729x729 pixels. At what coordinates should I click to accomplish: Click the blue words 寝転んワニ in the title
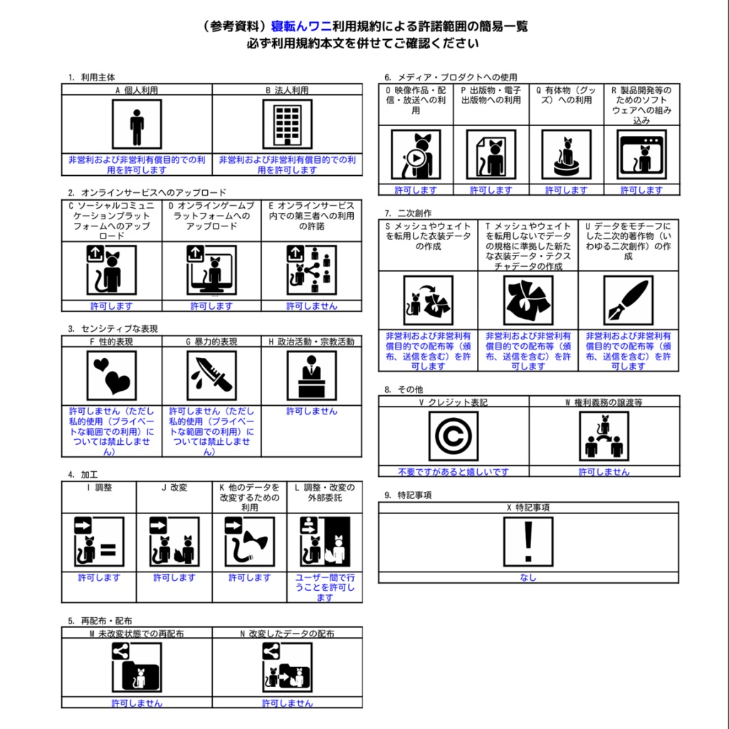tap(301, 26)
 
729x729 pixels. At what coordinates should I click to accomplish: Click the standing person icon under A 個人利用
tap(137, 124)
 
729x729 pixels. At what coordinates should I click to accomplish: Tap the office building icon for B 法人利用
tap(288, 124)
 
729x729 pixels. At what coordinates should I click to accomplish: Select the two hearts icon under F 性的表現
tap(112, 376)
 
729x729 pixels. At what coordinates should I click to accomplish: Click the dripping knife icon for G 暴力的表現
tap(211, 376)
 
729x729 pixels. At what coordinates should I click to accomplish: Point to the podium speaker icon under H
tap(312, 376)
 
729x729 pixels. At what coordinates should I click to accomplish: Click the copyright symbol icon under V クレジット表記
tap(453, 436)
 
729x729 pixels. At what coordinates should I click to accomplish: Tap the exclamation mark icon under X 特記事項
tap(528, 542)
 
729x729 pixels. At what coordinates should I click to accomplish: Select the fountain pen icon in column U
tap(628, 300)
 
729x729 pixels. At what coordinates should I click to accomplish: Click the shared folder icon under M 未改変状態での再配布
tap(137, 667)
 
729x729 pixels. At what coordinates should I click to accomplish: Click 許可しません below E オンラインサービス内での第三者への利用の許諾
tap(312, 306)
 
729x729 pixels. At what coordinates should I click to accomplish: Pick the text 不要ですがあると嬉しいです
tap(453, 472)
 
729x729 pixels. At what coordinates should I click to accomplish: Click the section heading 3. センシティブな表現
tap(113, 329)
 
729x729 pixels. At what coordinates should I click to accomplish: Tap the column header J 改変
tap(174, 487)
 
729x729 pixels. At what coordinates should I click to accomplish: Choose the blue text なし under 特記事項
tap(528, 577)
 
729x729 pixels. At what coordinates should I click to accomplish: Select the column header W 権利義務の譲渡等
tap(604, 402)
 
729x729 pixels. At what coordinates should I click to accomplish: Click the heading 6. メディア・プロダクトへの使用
tap(451, 77)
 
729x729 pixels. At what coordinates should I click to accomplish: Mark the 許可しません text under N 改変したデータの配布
tap(288, 703)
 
